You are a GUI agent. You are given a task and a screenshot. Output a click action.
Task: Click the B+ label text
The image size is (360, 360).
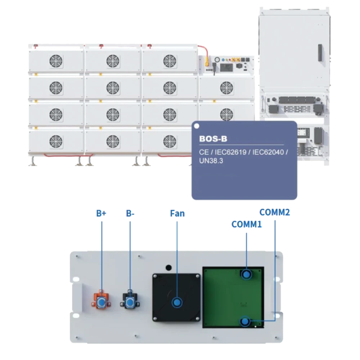[101, 213]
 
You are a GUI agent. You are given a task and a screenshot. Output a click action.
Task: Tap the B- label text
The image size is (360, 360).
[130, 213]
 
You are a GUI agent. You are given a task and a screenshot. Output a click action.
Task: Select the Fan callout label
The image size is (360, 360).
[177, 213]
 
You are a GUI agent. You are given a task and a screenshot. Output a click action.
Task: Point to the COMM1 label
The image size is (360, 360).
[246, 224]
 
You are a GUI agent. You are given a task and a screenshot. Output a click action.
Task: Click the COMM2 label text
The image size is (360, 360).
[275, 212]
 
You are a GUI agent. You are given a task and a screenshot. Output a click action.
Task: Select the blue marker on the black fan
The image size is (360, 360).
[177, 302]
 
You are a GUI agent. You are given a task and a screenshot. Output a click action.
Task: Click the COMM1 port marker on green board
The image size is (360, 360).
[246, 275]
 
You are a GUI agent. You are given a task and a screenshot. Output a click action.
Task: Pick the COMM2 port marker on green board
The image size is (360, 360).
[245, 321]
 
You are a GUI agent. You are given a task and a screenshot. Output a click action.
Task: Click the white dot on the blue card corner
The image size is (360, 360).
[196, 126]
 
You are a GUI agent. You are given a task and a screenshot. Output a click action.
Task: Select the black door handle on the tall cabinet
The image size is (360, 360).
[319, 53]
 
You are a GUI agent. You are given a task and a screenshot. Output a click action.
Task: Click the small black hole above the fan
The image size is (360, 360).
[168, 267]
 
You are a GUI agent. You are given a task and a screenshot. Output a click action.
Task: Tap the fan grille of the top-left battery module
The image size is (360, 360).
[55, 60]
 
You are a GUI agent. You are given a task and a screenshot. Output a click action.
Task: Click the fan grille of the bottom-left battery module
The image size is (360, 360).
[55, 140]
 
